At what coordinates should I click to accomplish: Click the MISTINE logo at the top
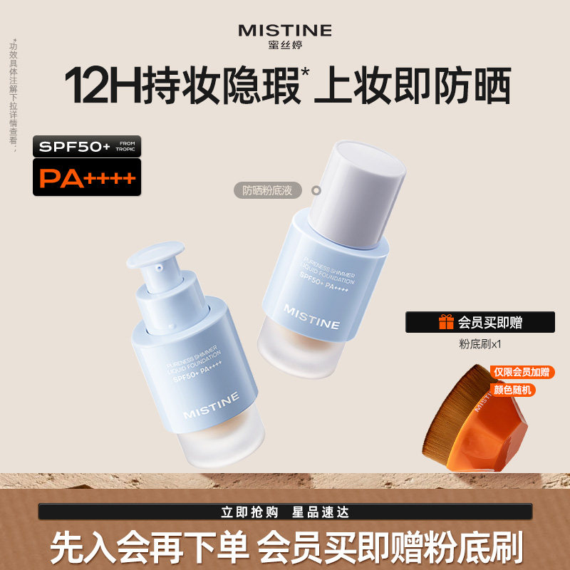285,30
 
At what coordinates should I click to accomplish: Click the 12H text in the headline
103,87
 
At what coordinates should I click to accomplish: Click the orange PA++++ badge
86,177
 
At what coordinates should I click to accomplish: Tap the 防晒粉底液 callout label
268,190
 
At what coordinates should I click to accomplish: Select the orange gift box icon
446,322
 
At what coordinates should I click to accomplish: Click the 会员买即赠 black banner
480,322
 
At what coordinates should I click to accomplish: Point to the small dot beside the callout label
317,190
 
